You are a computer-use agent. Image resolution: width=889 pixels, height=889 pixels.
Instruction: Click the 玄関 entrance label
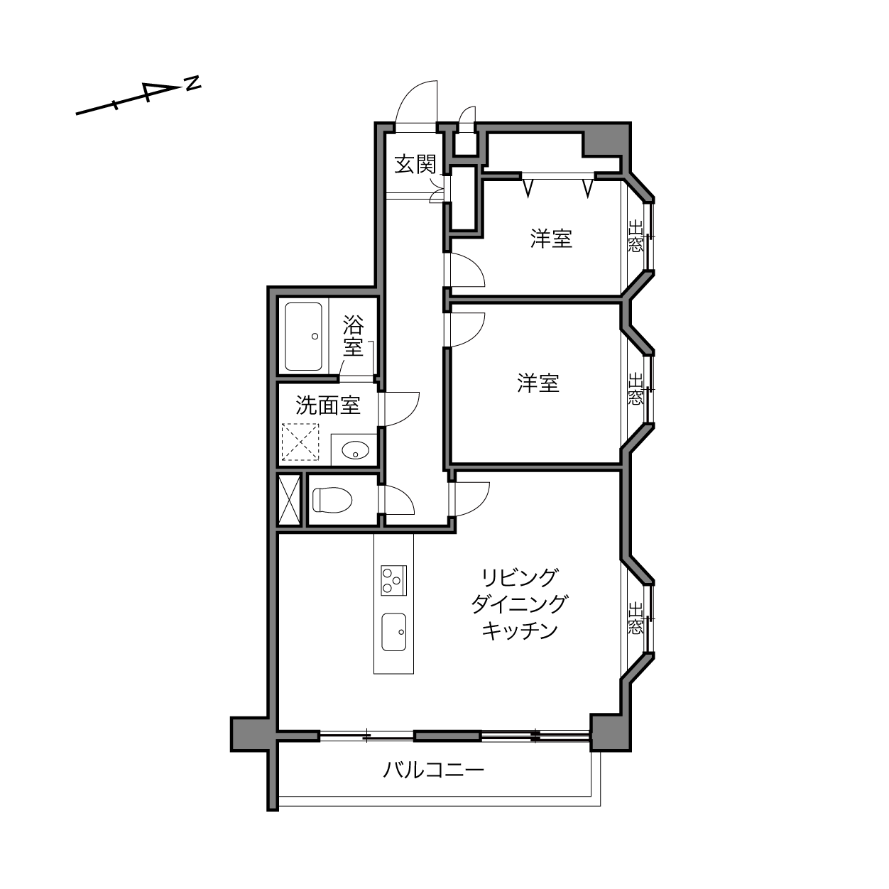coord(415,164)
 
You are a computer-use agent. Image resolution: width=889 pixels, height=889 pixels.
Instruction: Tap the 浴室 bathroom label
coord(354,337)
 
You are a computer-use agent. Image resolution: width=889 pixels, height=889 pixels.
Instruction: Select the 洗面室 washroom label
coord(327,405)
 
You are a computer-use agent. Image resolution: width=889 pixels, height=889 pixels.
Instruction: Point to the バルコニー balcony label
coord(434,770)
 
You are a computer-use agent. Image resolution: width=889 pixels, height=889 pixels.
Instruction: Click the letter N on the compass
coord(192,83)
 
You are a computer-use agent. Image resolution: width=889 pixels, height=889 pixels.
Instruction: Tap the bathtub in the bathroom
coord(303,337)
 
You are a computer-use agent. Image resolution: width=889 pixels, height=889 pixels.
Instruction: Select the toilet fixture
coord(332,500)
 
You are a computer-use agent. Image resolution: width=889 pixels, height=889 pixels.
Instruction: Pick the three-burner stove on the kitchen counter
coord(393,580)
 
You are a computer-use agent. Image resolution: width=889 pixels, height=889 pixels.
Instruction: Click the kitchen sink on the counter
coord(393,631)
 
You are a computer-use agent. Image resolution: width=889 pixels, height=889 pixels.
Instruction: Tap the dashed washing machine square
coord(300,442)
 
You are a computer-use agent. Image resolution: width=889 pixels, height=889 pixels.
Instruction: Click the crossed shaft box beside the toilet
coord(290,500)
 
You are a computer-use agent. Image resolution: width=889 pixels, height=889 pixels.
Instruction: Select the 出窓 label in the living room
coord(635,617)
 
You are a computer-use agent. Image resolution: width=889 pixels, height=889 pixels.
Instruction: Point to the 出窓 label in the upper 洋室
coord(635,236)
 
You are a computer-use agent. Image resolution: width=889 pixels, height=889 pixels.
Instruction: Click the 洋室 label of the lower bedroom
coord(538,383)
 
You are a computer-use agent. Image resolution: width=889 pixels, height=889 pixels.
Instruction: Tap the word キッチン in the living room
coord(520,631)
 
